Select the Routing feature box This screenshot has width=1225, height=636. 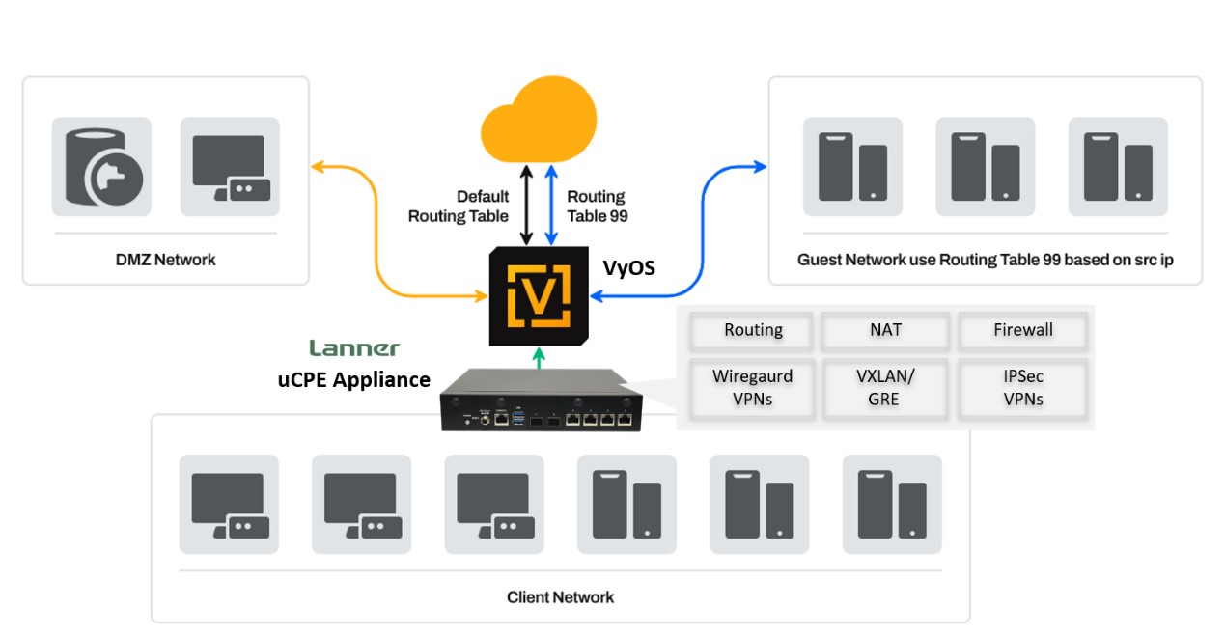coord(753,330)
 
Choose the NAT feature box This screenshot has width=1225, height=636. coord(885,330)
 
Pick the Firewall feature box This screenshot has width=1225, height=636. coord(1022,330)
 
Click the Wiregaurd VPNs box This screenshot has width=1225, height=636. coord(752,388)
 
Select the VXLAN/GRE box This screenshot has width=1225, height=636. coord(884,388)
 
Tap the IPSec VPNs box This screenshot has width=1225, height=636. coord(1022,388)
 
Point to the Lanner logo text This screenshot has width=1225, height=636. coord(353,348)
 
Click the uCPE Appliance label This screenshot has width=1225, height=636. coord(354,380)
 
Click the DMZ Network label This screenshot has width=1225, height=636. coord(166,260)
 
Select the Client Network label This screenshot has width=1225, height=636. coord(560,597)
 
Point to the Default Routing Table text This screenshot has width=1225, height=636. coord(459,207)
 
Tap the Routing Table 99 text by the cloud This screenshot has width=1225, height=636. coord(597,207)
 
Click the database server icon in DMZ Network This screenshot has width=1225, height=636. coord(100,167)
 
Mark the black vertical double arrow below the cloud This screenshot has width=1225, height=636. coord(525,205)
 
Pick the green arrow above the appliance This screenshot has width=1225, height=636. coord(539,359)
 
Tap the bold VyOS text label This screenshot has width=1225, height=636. coord(628,268)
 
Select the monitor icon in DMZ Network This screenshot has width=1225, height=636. coord(230,167)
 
